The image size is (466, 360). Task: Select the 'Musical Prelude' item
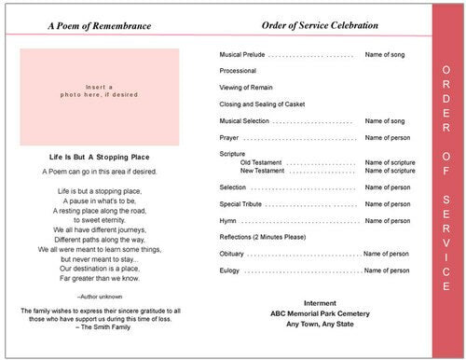[x=244, y=56]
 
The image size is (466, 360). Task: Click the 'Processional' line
[x=238, y=72]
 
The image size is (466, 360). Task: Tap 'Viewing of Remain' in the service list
[x=245, y=88]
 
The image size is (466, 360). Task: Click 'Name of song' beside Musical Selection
[x=385, y=121]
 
